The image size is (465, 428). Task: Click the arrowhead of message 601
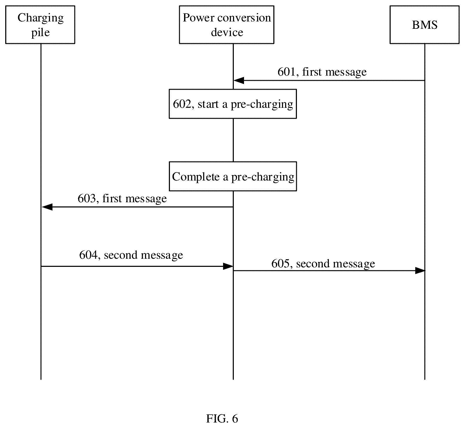[239, 81]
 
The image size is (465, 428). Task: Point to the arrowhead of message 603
[47, 207]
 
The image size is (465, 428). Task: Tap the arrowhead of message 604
[228, 266]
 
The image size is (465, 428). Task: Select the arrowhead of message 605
[420, 271]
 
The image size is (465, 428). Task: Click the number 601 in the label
[286, 72]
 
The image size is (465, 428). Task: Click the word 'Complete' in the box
[196, 177]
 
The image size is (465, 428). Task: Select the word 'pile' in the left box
[40, 33]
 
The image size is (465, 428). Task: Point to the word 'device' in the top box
[227, 32]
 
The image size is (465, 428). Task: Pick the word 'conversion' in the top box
[244, 18]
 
